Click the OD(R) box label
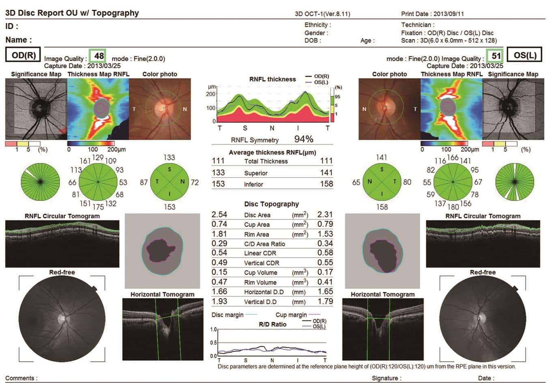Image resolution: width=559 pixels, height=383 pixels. [24, 55]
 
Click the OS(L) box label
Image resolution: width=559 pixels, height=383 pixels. [525, 55]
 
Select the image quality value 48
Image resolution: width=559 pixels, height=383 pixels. [99, 56]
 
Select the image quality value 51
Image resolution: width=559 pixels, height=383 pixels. [496, 56]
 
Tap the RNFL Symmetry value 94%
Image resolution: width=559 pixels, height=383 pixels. [303, 139]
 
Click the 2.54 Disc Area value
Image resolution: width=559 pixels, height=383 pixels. [219, 215]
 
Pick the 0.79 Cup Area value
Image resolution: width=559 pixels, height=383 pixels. [325, 224]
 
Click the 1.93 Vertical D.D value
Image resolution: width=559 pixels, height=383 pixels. [219, 301]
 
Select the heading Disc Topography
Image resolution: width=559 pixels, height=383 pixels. [271, 204]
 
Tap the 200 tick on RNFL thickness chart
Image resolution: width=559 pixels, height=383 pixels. [211, 94]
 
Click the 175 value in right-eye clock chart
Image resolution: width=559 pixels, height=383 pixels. [98, 207]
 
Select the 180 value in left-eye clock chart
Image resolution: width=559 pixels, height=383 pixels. [453, 207]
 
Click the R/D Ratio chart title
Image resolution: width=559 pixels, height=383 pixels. [272, 324]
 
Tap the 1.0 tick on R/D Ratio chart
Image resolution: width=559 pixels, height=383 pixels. [213, 329]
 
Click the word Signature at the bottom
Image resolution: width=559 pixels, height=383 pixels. [384, 378]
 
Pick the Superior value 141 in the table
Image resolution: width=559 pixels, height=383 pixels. [326, 173]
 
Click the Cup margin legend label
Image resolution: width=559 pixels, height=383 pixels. [291, 315]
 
